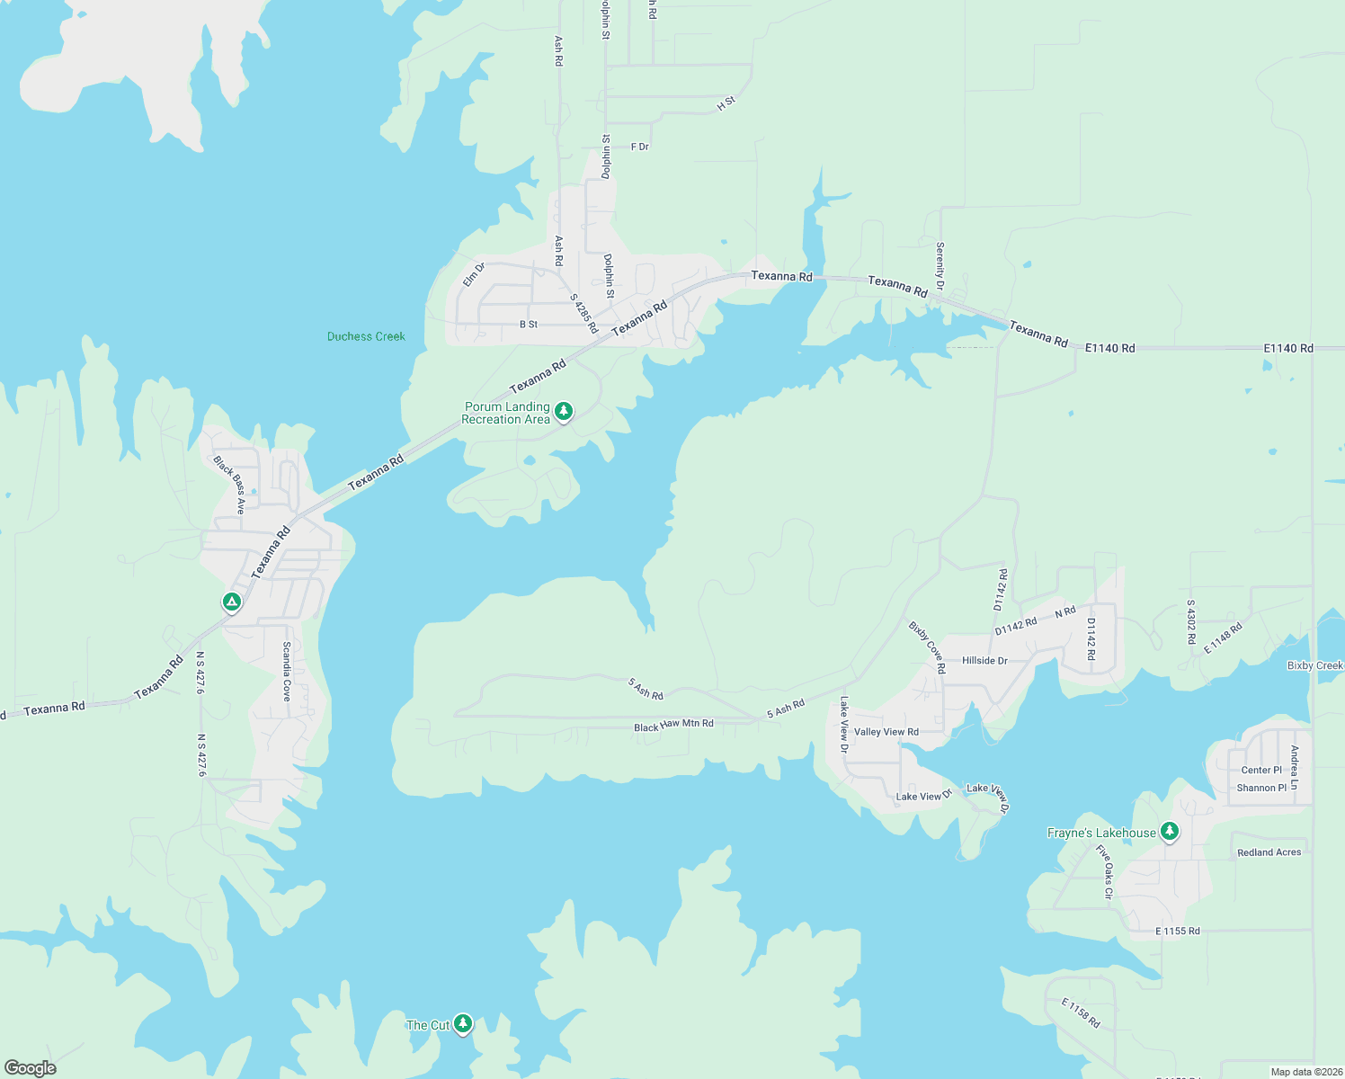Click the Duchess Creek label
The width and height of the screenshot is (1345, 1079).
366,336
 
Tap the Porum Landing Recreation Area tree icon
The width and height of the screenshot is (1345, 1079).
564,412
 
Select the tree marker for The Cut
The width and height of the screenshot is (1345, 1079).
463,1023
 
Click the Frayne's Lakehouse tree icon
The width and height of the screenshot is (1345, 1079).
1170,831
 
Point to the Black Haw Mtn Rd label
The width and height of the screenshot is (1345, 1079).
673,725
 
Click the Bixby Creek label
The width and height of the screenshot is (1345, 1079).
1314,665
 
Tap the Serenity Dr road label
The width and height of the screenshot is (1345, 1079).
940,266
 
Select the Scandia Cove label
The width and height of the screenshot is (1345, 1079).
287,671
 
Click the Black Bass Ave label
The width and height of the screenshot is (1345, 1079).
229,485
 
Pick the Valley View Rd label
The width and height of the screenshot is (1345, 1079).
886,732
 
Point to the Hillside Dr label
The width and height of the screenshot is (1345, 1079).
984,660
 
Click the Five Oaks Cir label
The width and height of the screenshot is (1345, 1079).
1105,871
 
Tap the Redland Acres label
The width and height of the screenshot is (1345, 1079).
1269,852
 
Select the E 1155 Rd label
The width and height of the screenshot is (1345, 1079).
1178,931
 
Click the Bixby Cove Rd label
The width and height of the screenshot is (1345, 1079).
927,647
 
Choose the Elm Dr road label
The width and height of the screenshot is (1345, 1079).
474,274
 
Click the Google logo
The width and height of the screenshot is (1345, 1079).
31,1068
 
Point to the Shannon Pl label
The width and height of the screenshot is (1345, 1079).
1261,788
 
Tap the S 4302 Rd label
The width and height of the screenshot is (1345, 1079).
1191,621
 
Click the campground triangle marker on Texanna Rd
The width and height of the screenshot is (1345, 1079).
232,602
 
